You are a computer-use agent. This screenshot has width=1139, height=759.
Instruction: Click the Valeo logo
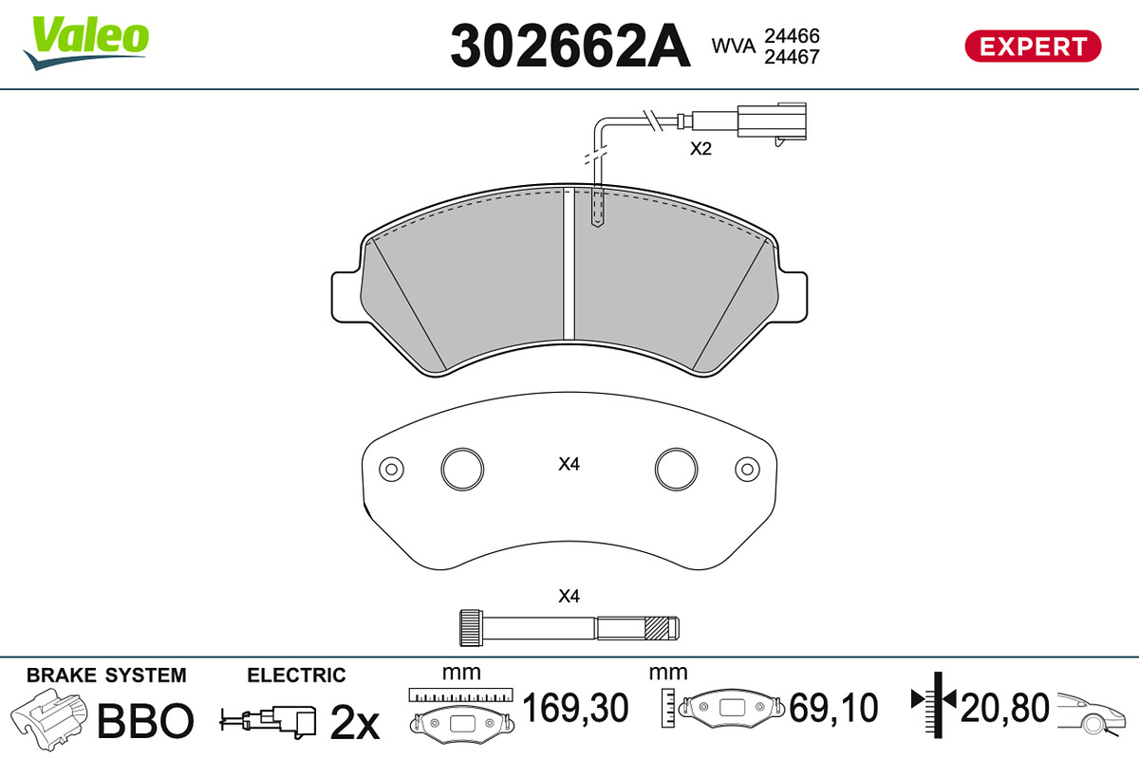[86, 43]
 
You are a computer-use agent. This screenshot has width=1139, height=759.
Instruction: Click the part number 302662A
[570, 46]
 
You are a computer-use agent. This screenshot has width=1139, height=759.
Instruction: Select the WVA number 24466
[792, 36]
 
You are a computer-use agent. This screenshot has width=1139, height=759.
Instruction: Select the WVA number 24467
[792, 57]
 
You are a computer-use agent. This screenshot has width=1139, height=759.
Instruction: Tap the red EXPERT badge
[1033, 46]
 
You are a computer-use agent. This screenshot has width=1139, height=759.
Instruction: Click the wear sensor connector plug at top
[772, 122]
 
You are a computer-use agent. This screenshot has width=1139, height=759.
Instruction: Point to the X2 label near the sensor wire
[700, 149]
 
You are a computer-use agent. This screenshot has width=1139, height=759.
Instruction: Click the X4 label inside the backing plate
[569, 464]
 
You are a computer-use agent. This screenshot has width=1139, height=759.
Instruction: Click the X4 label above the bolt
[569, 596]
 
